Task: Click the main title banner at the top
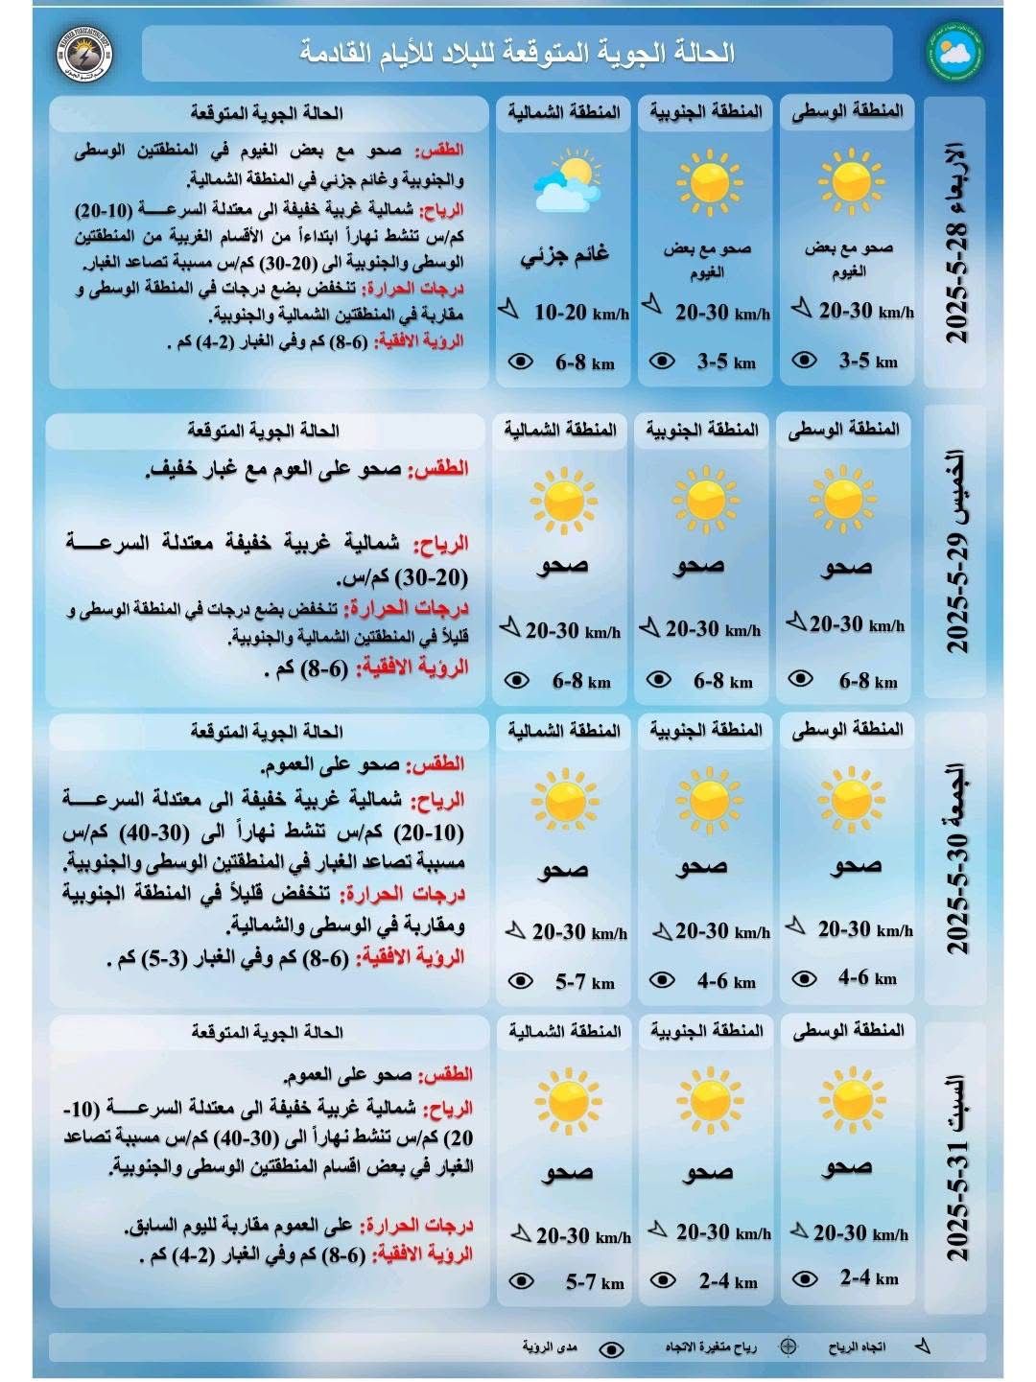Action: (x=517, y=53)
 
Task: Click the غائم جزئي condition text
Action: (x=565, y=258)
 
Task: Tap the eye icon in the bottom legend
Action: (x=610, y=1348)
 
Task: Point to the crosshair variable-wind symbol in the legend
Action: (x=789, y=1347)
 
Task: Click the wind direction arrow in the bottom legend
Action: (x=922, y=1347)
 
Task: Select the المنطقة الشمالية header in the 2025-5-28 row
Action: (x=564, y=112)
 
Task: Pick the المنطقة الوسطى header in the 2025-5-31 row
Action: (x=849, y=1030)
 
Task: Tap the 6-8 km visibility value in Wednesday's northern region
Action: (x=584, y=363)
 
